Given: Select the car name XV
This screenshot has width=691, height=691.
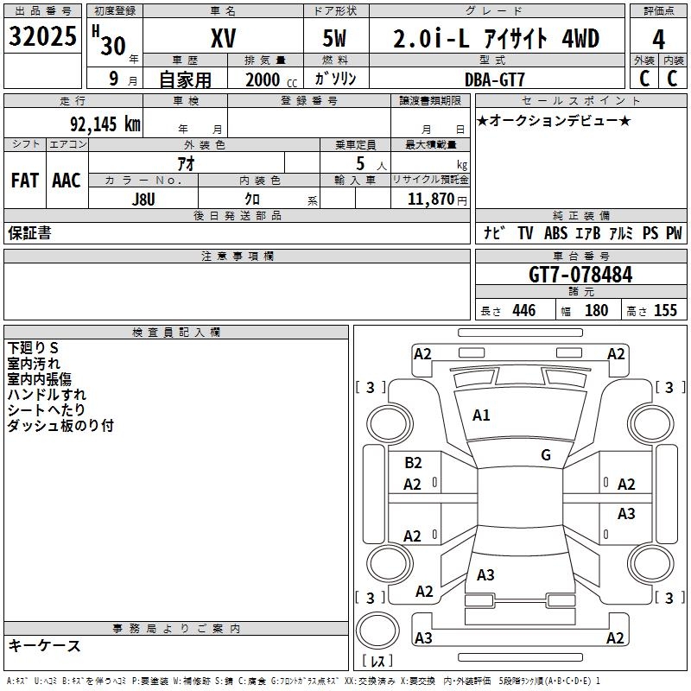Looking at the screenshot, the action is pyautogui.click(x=223, y=38).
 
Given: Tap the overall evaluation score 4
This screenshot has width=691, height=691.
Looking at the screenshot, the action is pyautogui.click(x=659, y=38).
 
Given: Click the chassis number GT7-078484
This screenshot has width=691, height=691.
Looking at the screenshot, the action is pyautogui.click(x=580, y=276).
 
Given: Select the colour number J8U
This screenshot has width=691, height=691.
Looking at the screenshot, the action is pyautogui.click(x=143, y=198).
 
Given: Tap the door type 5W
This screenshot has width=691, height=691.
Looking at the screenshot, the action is pyautogui.click(x=336, y=38).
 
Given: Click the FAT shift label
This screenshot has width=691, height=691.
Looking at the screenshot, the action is pyautogui.click(x=25, y=181).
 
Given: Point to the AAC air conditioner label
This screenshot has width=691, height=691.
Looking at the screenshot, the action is pyautogui.click(x=67, y=181).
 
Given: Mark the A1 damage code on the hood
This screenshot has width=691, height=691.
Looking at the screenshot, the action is pyautogui.click(x=481, y=415).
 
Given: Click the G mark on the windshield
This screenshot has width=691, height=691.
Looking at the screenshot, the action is pyautogui.click(x=546, y=455).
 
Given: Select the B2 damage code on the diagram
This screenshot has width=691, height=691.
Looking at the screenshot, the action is pyautogui.click(x=413, y=463).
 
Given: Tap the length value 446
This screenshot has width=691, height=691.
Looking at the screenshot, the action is pyautogui.click(x=523, y=311).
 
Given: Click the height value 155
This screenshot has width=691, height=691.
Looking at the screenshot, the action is pyautogui.click(x=665, y=311).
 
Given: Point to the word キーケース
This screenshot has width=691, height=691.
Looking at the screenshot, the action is pyautogui.click(x=44, y=646).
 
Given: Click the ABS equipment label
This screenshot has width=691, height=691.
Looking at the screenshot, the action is pyautogui.click(x=555, y=233).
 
